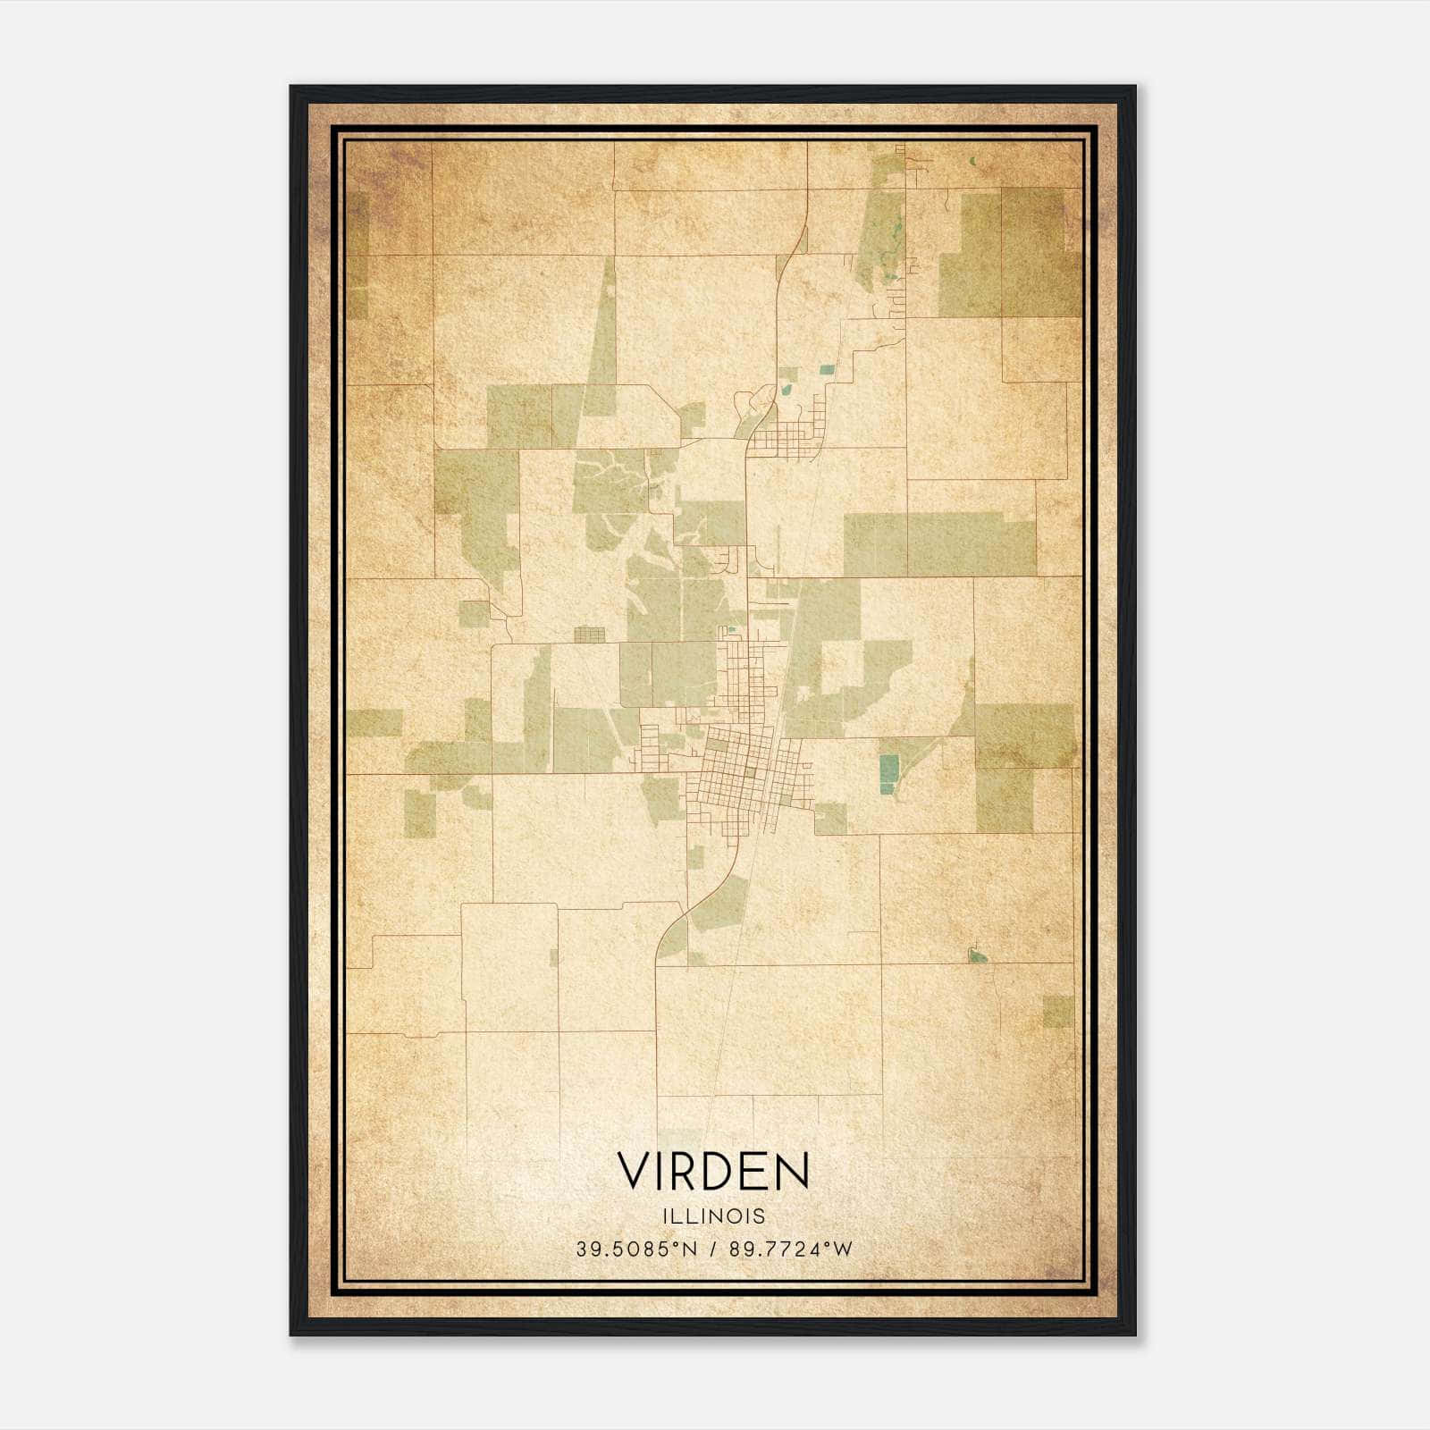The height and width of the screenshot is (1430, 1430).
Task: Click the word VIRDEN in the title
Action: (713, 1172)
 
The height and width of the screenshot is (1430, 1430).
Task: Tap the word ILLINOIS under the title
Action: (713, 1216)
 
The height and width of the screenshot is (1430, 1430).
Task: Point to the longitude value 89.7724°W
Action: (791, 1249)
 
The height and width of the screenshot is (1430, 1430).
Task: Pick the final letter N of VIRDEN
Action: (792, 1172)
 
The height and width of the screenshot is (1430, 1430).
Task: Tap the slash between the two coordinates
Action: (712, 1249)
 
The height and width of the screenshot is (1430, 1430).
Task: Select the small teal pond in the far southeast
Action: (978, 957)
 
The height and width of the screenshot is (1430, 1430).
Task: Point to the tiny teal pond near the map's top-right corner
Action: (972, 162)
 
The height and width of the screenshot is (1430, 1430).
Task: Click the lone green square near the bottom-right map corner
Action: (1057, 1012)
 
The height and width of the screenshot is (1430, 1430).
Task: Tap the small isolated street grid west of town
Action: (589, 635)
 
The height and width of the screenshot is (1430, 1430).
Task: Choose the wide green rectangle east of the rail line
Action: (938, 543)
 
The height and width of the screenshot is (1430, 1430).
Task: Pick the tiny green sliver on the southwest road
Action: (553, 957)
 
